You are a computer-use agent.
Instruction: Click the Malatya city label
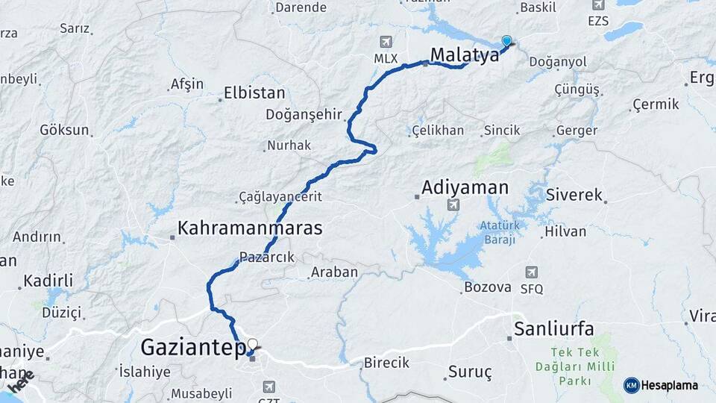464,54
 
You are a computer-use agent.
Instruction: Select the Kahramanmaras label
250,228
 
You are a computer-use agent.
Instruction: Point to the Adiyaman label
465,187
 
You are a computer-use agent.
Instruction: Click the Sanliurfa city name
553,329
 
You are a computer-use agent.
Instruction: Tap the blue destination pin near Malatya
507,42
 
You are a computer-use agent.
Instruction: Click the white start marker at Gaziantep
252,345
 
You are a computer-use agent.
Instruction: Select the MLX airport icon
386,42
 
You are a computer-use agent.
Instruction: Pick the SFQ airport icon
531,272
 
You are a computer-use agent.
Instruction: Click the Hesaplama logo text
668,385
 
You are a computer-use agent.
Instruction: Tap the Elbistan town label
255,94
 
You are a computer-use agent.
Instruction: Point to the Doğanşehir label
304,114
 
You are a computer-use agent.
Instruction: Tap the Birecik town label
386,363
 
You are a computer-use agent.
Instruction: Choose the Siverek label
574,196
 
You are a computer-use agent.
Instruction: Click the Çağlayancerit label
280,196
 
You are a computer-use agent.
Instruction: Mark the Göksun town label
64,130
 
